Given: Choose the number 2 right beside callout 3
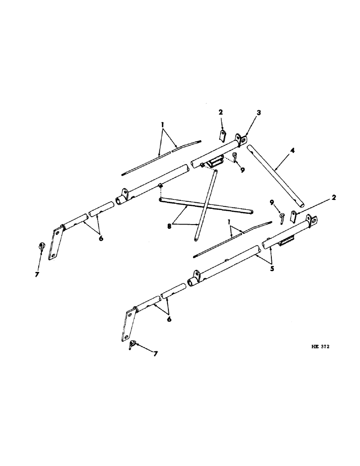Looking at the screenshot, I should (x=221, y=113).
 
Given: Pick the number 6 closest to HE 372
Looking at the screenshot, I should (x=169, y=320).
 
